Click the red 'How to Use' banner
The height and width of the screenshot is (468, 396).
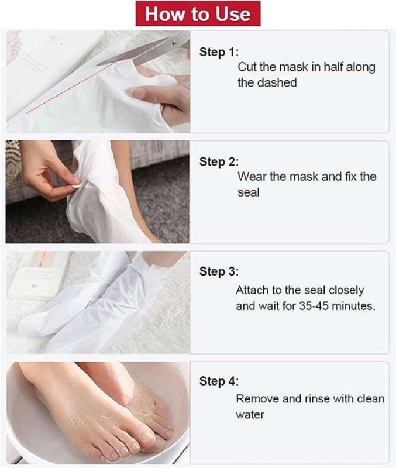198,13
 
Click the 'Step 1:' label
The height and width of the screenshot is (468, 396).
219,52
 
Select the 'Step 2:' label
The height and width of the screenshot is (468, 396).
219,162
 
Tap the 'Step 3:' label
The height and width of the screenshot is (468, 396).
219,271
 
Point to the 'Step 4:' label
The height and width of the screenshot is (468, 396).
219,381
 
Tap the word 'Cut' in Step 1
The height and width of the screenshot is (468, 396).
247,67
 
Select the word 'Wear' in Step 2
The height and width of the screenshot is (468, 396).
252,177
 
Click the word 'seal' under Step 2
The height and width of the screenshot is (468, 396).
248,192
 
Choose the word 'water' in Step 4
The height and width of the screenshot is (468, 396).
250,415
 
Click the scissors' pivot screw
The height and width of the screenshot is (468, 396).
174,43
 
